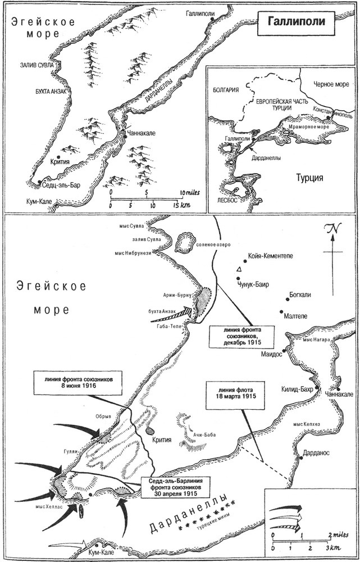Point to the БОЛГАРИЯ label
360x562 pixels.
[226, 90]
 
